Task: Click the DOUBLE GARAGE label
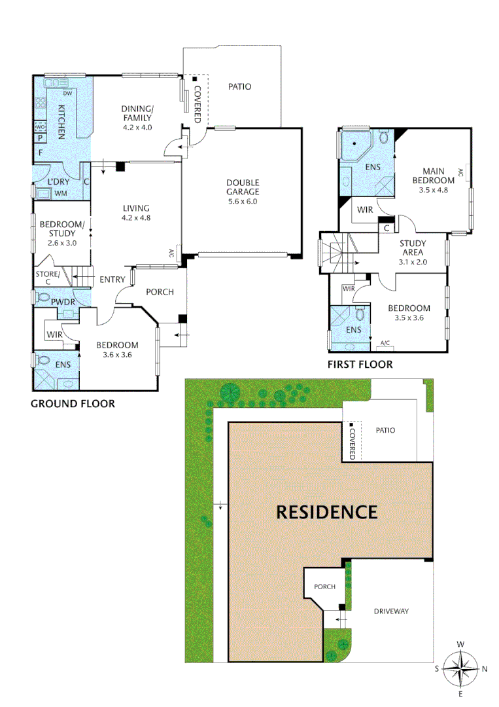coord(243,187)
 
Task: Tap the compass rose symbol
coord(460,668)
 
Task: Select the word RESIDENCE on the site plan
coord(326,511)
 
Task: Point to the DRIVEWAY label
coord(391,611)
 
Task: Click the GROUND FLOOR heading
coord(73,404)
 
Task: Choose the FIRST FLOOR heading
coord(360,364)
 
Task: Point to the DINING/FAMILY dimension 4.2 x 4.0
coord(137,127)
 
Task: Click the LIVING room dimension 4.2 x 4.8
coord(137,218)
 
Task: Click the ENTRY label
coord(112,280)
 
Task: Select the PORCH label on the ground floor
coord(160,291)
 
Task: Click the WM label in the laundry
coord(61,193)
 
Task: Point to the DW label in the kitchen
coord(67,93)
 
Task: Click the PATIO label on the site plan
coord(385,430)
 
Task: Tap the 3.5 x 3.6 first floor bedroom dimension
coord(409,318)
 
